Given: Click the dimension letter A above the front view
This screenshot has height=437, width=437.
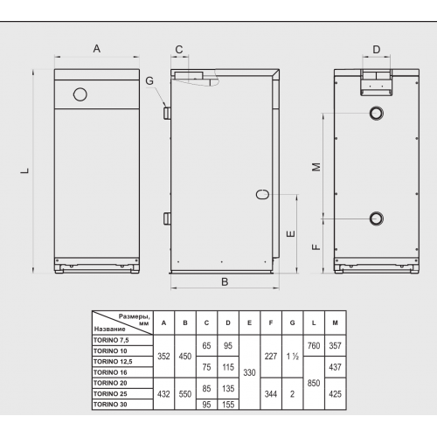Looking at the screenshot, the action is (x=97, y=49).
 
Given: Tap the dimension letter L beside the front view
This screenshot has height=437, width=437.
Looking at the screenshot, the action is (x=25, y=170).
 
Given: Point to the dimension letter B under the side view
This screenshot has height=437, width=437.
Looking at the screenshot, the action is (x=225, y=281).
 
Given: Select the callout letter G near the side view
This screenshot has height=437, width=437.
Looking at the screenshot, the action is (x=149, y=80).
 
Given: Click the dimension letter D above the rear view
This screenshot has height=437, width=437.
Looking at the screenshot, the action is (x=377, y=49).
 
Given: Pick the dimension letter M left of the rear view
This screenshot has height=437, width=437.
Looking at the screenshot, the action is (x=316, y=167).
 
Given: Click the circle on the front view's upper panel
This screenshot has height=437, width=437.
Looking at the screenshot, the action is (x=80, y=94).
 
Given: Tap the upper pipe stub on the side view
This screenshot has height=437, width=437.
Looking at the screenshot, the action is (x=167, y=113).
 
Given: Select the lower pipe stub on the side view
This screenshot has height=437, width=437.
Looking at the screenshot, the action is (x=167, y=218).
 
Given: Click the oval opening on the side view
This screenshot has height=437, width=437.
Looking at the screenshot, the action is (x=262, y=194).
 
